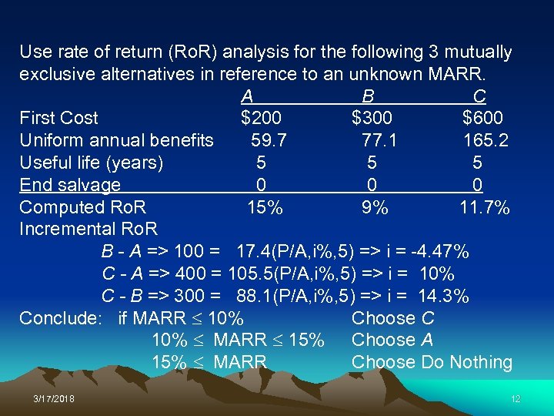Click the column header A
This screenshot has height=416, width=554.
click(247, 96)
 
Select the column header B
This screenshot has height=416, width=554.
click(369, 96)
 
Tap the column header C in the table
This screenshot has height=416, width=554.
click(479, 96)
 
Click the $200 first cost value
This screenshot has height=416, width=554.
click(261, 118)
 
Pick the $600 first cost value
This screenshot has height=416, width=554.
click(482, 118)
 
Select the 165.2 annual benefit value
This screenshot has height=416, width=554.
click(486, 140)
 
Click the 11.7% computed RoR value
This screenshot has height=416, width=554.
click(485, 206)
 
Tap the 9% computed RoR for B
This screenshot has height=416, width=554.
click(375, 206)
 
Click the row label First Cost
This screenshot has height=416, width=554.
click(58, 118)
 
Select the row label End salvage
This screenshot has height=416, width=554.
click(70, 185)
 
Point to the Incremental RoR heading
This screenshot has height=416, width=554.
click(88, 229)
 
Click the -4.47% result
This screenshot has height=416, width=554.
click(441, 251)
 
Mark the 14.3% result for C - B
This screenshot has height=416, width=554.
click(444, 297)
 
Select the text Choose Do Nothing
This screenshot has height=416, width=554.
click(432, 362)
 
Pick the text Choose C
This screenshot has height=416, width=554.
click(392, 318)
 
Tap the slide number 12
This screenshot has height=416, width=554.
click(516, 398)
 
